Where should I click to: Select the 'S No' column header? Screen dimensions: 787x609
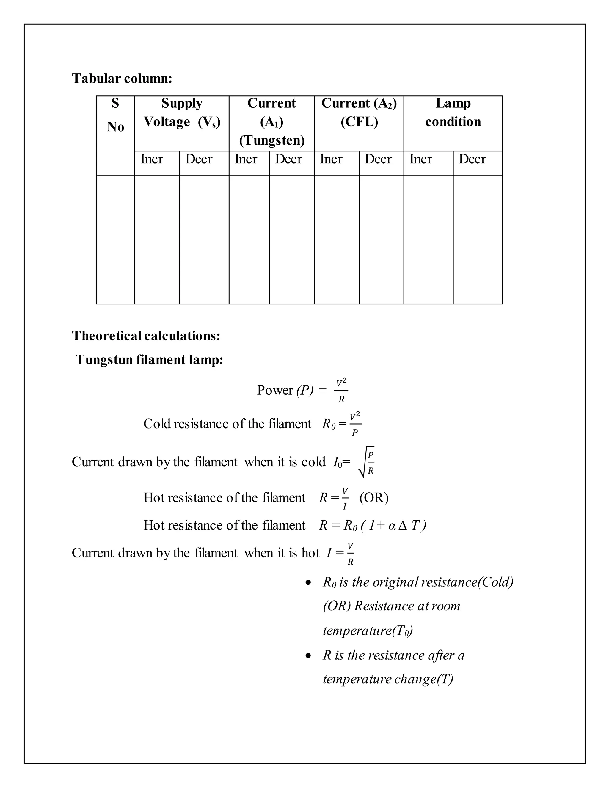pyautogui.click(x=115, y=115)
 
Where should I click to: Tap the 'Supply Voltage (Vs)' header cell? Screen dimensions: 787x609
pyautogui.click(x=182, y=113)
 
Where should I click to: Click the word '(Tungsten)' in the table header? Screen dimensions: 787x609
pyautogui.click(x=272, y=140)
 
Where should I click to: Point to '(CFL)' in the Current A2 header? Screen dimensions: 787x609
pyautogui.click(x=359, y=122)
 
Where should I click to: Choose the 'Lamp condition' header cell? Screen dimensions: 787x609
pyautogui.click(x=453, y=113)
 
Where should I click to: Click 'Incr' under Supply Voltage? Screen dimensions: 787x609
pyautogui.click(x=152, y=159)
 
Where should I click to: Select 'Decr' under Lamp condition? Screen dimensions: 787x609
pyautogui.click(x=472, y=159)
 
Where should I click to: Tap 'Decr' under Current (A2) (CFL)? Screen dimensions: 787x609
pyautogui.click(x=378, y=159)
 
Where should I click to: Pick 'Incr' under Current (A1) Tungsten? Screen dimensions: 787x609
pyautogui.click(x=246, y=159)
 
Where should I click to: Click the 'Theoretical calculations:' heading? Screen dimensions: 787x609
pyautogui.click(x=146, y=336)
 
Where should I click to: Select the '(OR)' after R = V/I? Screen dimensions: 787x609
pyautogui.click(x=374, y=498)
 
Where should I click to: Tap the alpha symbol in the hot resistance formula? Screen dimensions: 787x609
pyautogui.click(x=392, y=526)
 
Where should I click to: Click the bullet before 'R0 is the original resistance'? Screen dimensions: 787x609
pyautogui.click(x=308, y=582)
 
